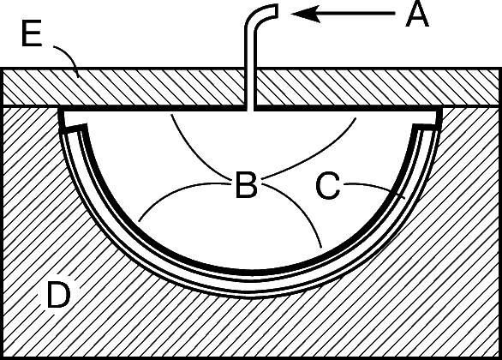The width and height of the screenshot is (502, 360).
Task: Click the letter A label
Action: (x=417, y=14)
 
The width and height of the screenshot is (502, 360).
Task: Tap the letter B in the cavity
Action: (x=246, y=185)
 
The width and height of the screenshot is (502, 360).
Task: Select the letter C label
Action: (x=328, y=185)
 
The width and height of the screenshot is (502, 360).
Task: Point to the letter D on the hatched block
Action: (x=58, y=294)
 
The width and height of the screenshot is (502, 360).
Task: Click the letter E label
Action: (x=32, y=33)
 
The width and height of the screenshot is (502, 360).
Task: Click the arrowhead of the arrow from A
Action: (x=306, y=14)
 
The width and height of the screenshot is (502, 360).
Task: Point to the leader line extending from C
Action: (x=375, y=189)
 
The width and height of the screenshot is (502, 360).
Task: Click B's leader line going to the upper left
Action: (x=194, y=153)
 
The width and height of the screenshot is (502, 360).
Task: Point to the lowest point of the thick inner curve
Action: (x=250, y=273)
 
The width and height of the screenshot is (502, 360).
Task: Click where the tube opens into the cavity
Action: (x=250, y=111)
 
